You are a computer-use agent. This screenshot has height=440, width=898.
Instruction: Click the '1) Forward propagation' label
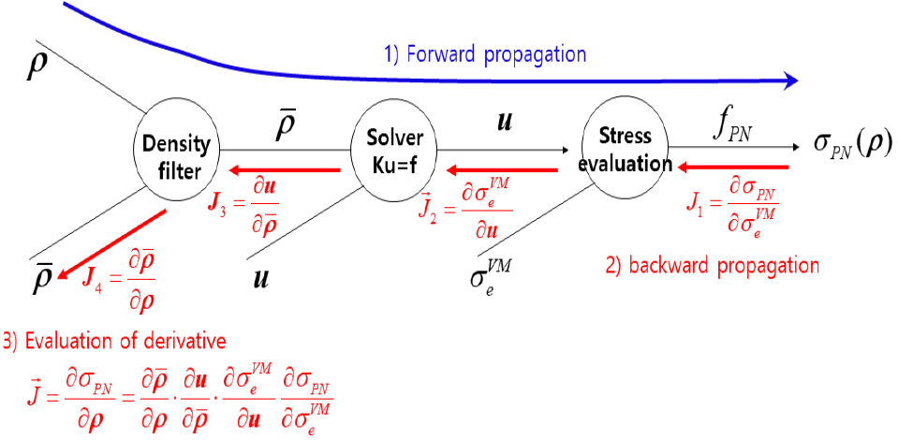pyautogui.click(x=484, y=54)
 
